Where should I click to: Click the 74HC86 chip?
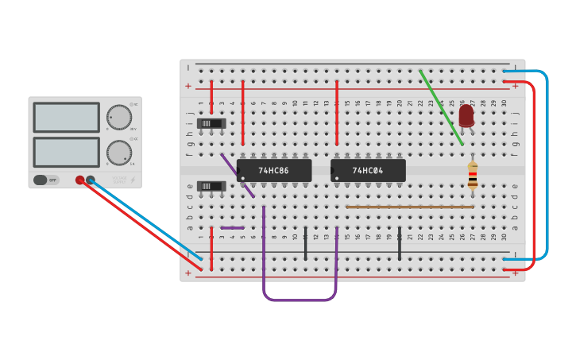pyautogui.click(x=273, y=170)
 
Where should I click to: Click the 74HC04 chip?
pyautogui.click(x=368, y=170)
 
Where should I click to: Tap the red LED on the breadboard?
pyautogui.click(x=466, y=116)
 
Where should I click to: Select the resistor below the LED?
pyautogui.click(x=473, y=175)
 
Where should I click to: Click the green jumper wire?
pyautogui.click(x=441, y=107)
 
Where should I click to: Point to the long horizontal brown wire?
pyautogui.click(x=409, y=207)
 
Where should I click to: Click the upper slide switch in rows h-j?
pyautogui.click(x=211, y=123)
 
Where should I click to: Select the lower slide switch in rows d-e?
pyautogui.click(x=211, y=186)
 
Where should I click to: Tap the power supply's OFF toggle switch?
pyautogui.click(x=46, y=180)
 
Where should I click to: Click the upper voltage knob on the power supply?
pyautogui.click(x=118, y=118)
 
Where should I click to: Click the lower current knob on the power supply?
pyautogui.click(x=118, y=153)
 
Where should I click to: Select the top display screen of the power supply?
pyautogui.click(x=66, y=118)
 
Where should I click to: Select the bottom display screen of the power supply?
pyautogui.click(x=66, y=152)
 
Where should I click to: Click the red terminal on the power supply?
pyautogui.click(x=79, y=180)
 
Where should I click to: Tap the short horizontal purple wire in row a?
pyautogui.click(x=232, y=228)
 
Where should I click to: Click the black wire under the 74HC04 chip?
pyautogui.click(x=399, y=243)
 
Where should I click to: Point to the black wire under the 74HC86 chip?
pyautogui.click(x=305, y=243)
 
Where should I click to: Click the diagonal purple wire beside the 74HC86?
pyautogui.click(x=237, y=176)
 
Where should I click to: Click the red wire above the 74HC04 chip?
pyautogui.click(x=337, y=111)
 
